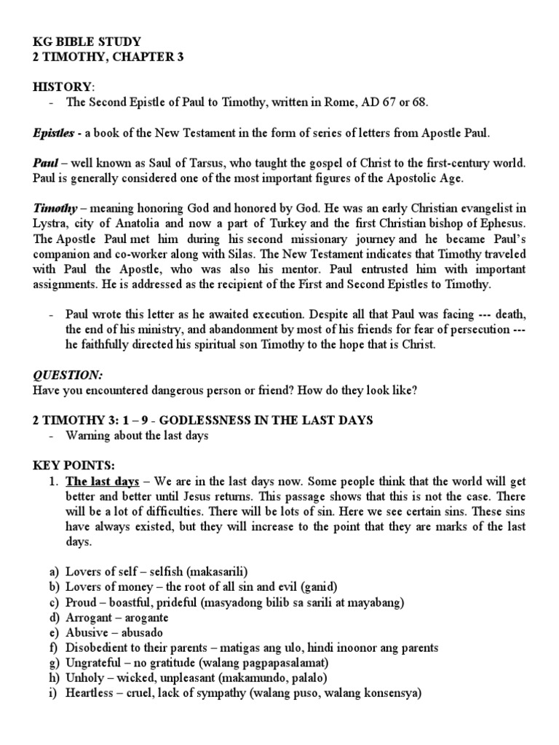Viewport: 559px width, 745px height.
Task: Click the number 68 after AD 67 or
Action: pyautogui.click(x=420, y=102)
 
